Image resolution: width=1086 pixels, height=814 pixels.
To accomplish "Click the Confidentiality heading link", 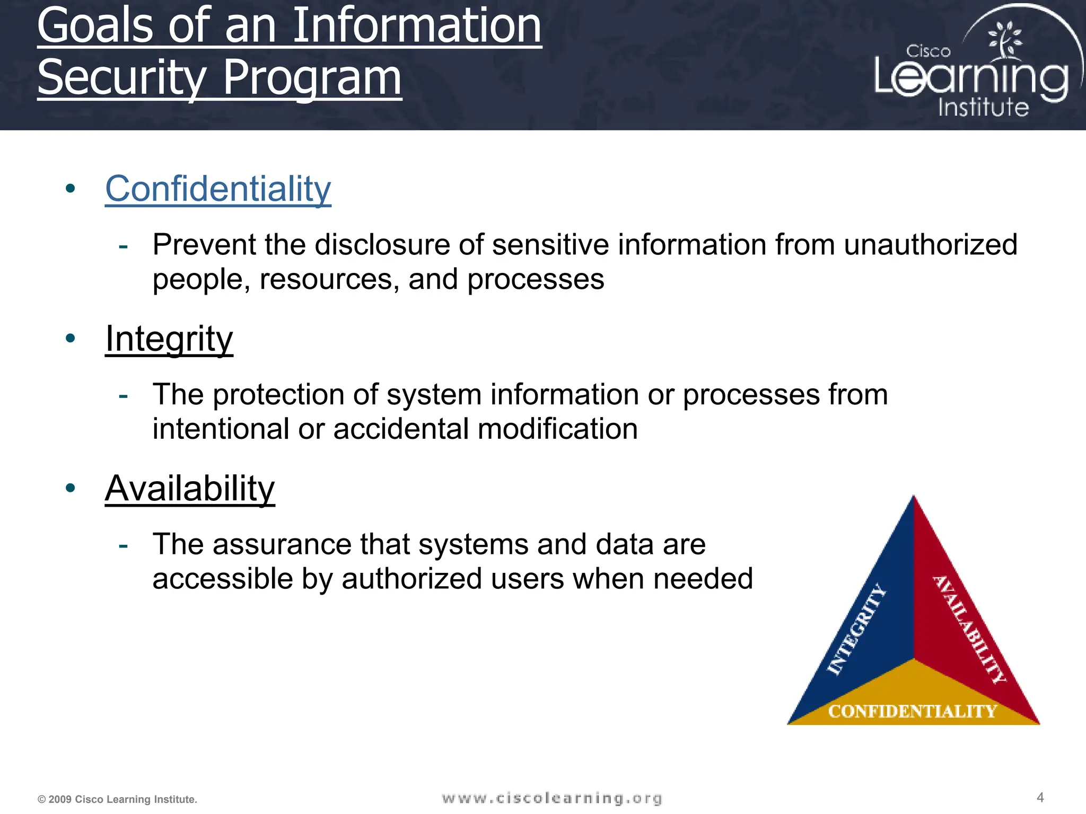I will (218, 189).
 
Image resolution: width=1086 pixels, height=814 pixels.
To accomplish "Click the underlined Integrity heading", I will (169, 339).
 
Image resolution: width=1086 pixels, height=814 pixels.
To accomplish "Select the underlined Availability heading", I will (190, 489).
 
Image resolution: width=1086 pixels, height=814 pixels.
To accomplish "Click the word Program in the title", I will (312, 77).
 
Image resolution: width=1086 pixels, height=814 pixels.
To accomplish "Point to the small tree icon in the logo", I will (1004, 39).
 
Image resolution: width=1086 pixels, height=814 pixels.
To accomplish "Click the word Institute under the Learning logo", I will (983, 107).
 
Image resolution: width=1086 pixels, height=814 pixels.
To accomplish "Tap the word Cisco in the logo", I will (928, 51).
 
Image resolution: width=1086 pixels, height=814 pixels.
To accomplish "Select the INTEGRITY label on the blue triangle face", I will (857, 630).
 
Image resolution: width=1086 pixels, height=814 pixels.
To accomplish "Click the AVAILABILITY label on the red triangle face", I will (969, 630).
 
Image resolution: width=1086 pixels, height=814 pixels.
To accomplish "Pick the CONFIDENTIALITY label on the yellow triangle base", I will (913, 711).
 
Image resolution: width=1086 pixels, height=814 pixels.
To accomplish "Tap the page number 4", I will (1040, 798).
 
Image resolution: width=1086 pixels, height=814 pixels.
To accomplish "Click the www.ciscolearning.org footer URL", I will (552, 798).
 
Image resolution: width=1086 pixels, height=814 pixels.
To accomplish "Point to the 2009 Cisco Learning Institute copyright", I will (117, 799).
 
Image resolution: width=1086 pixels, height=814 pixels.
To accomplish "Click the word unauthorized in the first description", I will (930, 245).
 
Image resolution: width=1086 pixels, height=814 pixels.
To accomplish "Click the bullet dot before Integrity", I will (71, 338).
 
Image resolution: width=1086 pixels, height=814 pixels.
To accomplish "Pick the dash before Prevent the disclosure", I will (124, 246).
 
